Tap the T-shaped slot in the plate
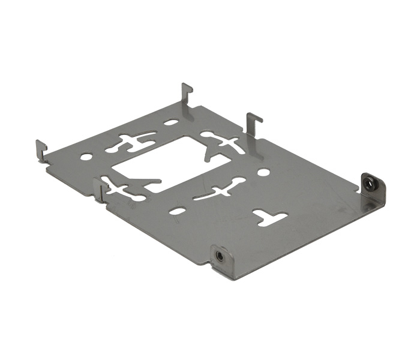pos(270,217)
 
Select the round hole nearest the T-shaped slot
pos(263,172)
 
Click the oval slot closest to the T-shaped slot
pos(178,211)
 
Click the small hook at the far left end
pos(41,149)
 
